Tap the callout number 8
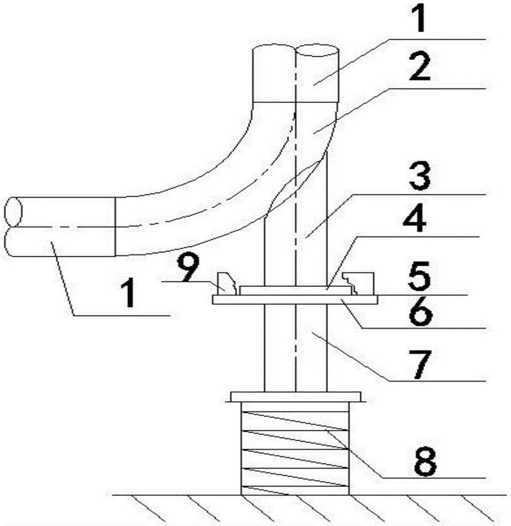425,462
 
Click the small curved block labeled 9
227,284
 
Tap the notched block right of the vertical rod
359,284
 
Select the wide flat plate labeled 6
295,300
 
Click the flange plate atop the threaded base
296,397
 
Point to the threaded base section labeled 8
295,448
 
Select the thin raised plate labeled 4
296,290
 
